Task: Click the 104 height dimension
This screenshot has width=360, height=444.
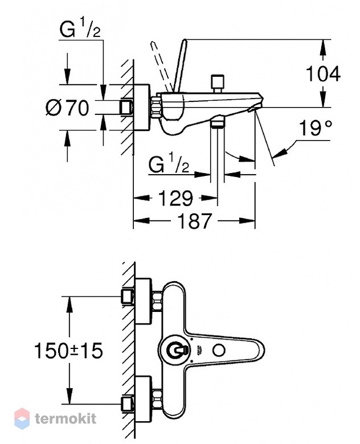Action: tap(323, 74)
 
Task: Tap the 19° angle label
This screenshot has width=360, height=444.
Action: tap(315, 128)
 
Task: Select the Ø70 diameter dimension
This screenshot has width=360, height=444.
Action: tap(67, 108)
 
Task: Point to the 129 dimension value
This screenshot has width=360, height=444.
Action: tap(176, 198)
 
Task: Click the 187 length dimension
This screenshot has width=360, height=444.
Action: tap(194, 221)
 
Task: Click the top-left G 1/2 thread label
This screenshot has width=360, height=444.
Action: tap(80, 29)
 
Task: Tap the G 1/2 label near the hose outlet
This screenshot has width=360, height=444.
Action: tap(169, 163)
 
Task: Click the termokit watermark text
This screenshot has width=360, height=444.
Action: tap(66, 418)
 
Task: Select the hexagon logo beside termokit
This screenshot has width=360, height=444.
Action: tap(22, 418)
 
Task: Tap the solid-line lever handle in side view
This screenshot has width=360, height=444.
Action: tap(179, 65)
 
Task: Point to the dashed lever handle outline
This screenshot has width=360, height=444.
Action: tap(161, 66)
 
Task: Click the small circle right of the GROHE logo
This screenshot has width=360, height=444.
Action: tap(219, 350)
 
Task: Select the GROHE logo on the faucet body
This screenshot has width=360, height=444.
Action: tap(199, 350)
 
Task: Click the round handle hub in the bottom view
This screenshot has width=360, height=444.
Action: tap(175, 350)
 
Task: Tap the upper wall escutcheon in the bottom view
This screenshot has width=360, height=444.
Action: tap(143, 301)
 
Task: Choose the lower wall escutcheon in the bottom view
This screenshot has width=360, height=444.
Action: tap(143, 399)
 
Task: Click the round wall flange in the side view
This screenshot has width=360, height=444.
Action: tap(141, 108)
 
